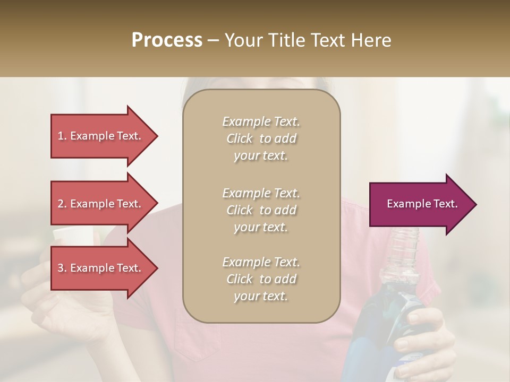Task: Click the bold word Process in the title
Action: (x=167, y=40)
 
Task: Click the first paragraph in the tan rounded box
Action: (x=261, y=138)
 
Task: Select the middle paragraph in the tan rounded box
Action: (x=261, y=210)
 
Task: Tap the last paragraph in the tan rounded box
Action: (x=261, y=279)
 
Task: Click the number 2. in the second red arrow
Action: (x=62, y=204)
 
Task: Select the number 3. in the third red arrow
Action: (x=62, y=268)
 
